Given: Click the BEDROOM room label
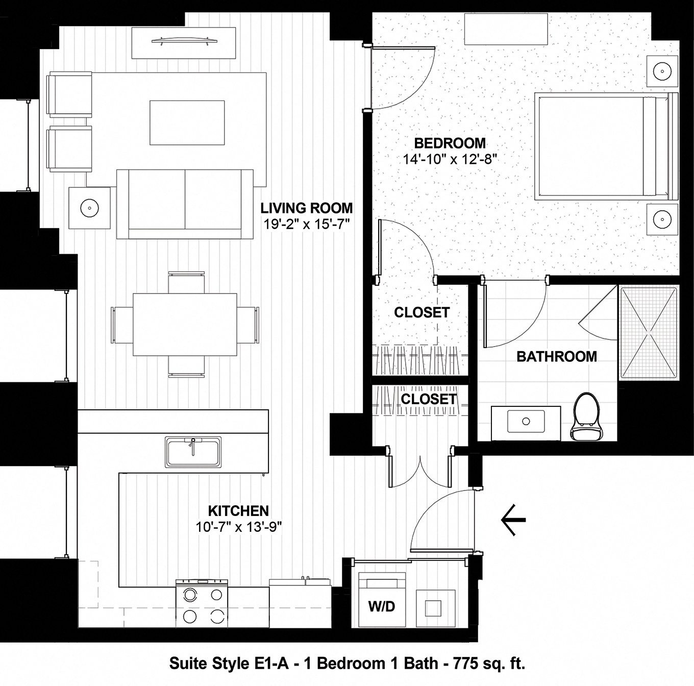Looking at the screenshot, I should pyautogui.click(x=450, y=143).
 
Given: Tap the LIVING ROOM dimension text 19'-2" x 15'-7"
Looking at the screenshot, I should pyautogui.click(x=306, y=225).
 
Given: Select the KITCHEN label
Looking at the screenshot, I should pyautogui.click(x=238, y=510).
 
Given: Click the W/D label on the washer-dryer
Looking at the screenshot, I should pyautogui.click(x=382, y=606).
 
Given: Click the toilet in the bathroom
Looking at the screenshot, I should pyautogui.click(x=585, y=417).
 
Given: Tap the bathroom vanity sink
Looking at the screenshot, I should pyautogui.click(x=525, y=422).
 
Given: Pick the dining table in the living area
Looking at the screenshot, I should pyautogui.click(x=185, y=324).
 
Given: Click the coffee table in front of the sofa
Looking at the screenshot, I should pyautogui.click(x=187, y=122).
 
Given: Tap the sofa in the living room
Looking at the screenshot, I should pyautogui.click(x=185, y=204).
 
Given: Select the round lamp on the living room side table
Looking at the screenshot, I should pyautogui.click(x=89, y=208).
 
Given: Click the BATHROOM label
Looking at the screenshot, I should pyautogui.click(x=557, y=356).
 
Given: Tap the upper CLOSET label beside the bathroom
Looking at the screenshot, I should pyautogui.click(x=422, y=312).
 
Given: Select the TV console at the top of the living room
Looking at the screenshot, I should pyautogui.click(x=184, y=43).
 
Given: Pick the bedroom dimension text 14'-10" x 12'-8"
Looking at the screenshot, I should pyautogui.click(x=450, y=159).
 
